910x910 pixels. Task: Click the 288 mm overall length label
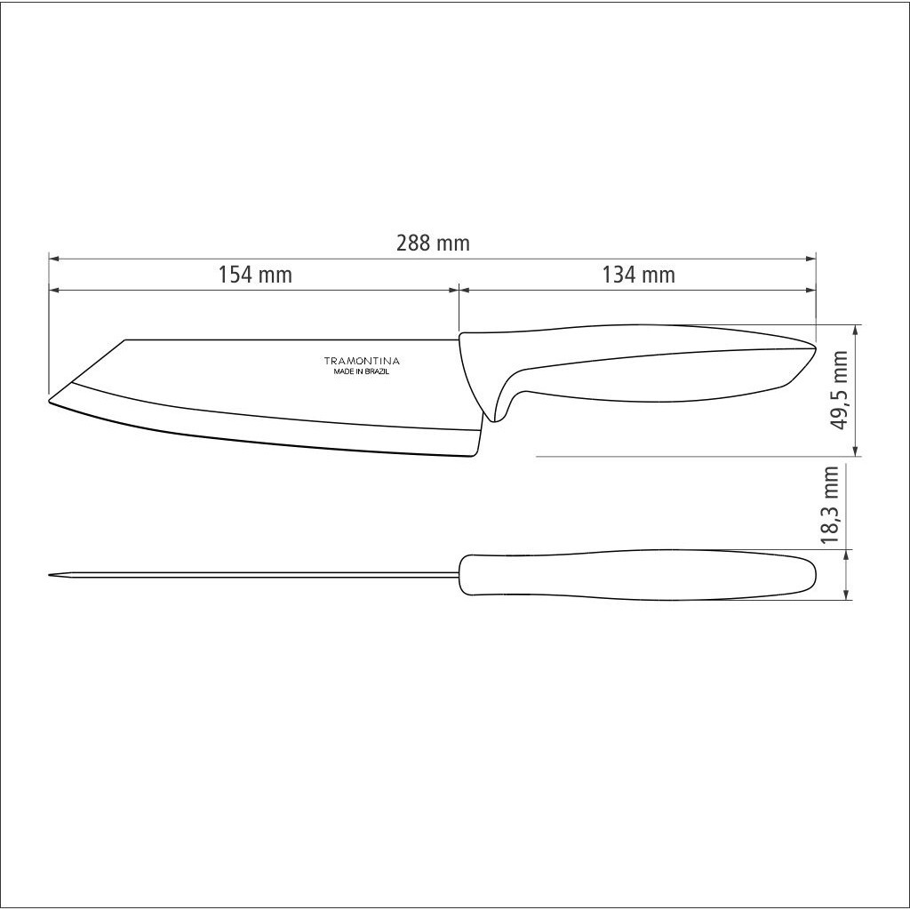(433, 243)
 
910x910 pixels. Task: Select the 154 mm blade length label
(255, 275)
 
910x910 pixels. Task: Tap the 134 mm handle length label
(638, 275)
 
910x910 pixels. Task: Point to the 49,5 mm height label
(839, 389)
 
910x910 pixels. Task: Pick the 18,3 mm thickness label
(831, 504)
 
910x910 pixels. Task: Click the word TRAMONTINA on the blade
(362, 361)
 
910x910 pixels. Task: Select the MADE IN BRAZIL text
(361, 372)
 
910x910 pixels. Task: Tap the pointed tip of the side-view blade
(48, 400)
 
